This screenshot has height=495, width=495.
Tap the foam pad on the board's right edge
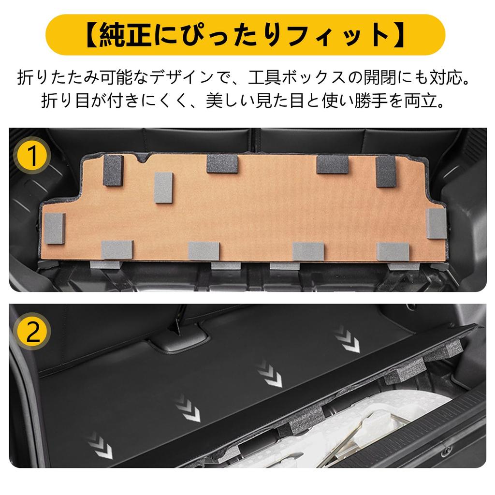[436, 223]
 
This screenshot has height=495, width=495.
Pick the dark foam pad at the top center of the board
[222, 164]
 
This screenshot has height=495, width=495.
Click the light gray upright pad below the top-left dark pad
[163, 187]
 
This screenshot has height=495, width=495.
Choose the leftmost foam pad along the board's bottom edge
[117, 250]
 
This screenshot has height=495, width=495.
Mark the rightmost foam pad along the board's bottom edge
[393, 251]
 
